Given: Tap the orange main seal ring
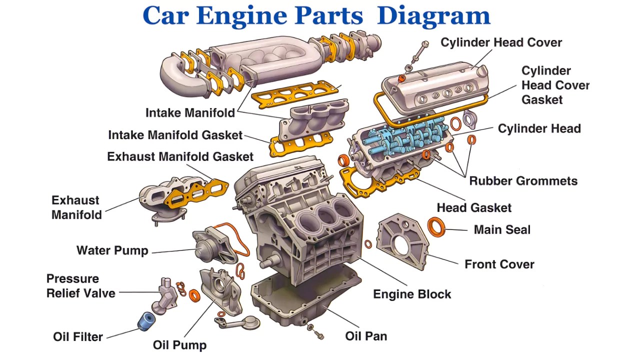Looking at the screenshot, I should pyautogui.click(x=436, y=226).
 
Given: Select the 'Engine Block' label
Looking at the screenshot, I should pyautogui.click(x=412, y=294).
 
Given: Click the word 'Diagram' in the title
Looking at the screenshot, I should pyautogui.click(x=433, y=15).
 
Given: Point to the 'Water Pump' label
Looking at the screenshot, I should pyautogui.click(x=112, y=250).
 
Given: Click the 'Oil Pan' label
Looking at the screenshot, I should pyautogui.click(x=366, y=336).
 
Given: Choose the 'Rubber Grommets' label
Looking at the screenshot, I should pyautogui.click(x=523, y=181).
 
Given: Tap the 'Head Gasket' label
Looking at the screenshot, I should pyautogui.click(x=474, y=207).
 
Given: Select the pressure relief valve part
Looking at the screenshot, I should pyautogui.click(x=165, y=295).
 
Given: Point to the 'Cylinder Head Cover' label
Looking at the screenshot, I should pyautogui.click(x=501, y=42).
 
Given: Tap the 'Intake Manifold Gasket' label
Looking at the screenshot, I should pyautogui.click(x=175, y=135).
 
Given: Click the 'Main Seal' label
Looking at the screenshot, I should pyautogui.click(x=502, y=229).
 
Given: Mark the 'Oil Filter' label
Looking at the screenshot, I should pyautogui.click(x=77, y=336).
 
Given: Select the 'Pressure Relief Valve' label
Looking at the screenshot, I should pyautogui.click(x=80, y=286).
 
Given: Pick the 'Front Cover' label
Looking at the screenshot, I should pyautogui.click(x=499, y=264).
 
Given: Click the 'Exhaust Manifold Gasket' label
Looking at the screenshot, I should pyautogui.click(x=180, y=156).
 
